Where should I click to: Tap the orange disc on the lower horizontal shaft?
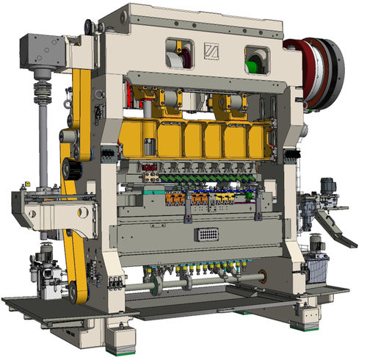click(262, 277)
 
